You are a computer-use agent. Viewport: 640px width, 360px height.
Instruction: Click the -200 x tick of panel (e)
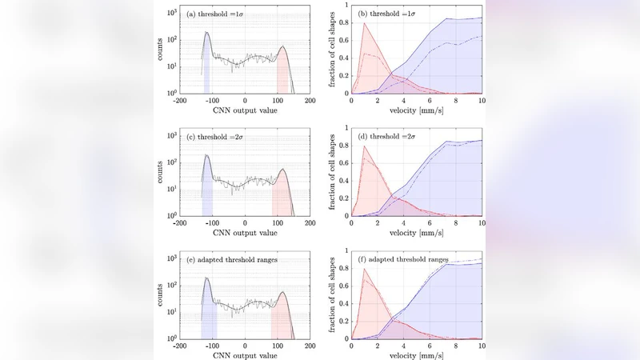pyautogui.click(x=181, y=346)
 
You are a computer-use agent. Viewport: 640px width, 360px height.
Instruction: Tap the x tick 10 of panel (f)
pyautogui.click(x=481, y=346)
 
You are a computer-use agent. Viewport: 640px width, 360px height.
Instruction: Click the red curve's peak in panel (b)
pyautogui.click(x=365, y=23)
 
